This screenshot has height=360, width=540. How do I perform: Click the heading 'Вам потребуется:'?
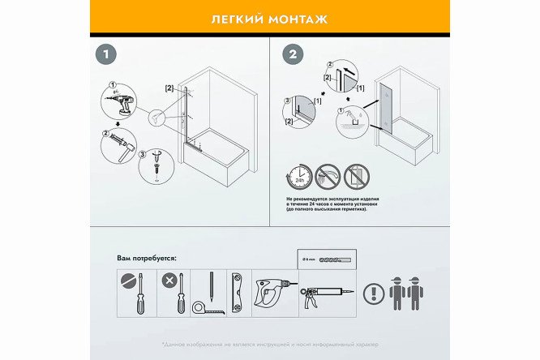tap(147, 258)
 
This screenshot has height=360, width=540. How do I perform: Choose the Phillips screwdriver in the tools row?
tap(175, 293)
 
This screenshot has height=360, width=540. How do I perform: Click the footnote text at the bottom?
tap(269, 345)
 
